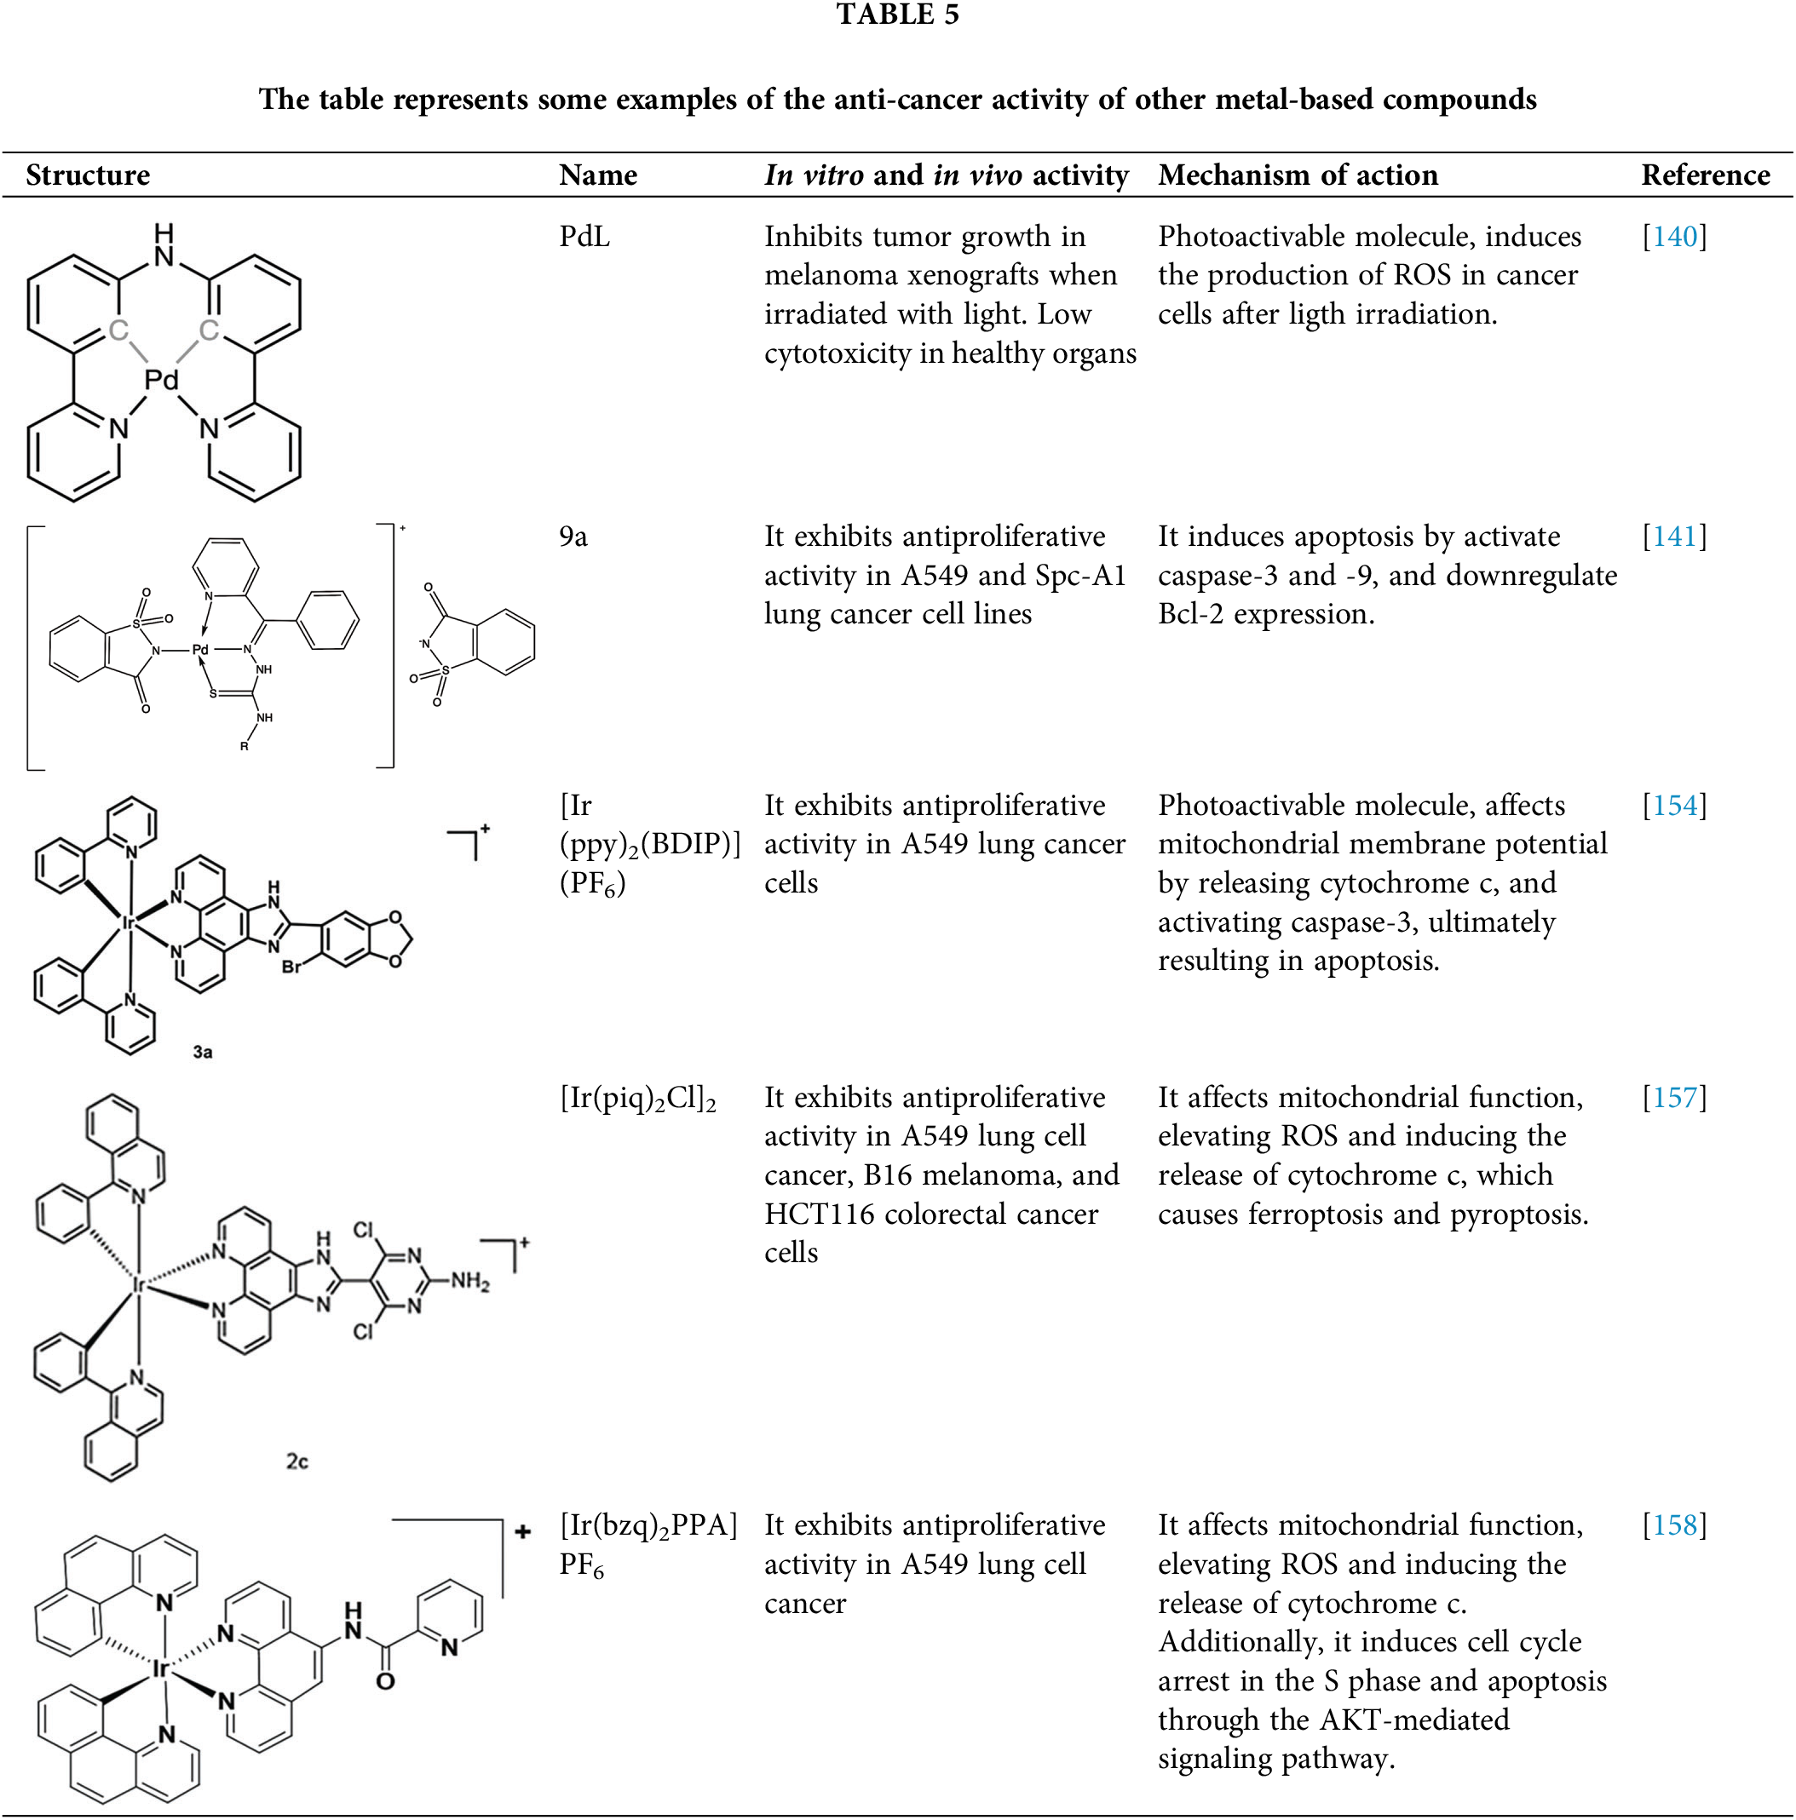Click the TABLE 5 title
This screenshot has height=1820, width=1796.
click(897, 15)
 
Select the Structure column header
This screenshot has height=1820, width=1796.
click(88, 175)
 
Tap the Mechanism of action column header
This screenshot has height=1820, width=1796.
click(1298, 175)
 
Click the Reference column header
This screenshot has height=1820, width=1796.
click(1705, 175)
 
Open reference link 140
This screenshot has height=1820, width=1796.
click(1673, 237)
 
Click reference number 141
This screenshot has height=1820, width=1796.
click(1673, 536)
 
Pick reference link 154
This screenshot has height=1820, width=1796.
click(1673, 806)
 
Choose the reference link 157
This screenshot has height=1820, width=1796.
click(1673, 1098)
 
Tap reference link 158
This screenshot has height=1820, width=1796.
click(1673, 1525)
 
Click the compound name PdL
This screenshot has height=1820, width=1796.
click(584, 237)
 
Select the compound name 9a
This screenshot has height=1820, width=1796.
click(573, 536)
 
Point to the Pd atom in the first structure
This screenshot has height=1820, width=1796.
click(161, 381)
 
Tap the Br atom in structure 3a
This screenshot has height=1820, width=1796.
click(291, 967)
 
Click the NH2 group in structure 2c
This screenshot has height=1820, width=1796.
click(469, 1281)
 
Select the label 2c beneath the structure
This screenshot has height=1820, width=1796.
click(296, 1461)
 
